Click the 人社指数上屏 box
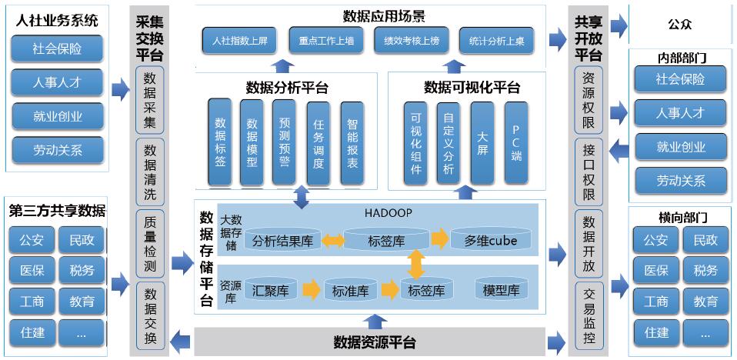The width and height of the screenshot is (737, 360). click(240, 41)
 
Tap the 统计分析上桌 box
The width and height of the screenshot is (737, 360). click(496, 41)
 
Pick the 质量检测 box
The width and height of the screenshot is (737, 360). click(150, 243)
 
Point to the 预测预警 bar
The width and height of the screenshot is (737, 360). click(284, 143)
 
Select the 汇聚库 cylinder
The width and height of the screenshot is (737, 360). click(270, 291)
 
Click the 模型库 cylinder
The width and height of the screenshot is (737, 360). click(501, 290)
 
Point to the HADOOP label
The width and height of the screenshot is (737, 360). click(388, 212)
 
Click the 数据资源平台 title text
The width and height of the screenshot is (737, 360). click(375, 342)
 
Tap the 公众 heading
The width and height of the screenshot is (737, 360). click(680, 25)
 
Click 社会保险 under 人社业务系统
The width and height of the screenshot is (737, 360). click(57, 48)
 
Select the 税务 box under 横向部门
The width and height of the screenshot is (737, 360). click(705, 270)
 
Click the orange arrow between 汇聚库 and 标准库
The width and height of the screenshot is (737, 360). click(311, 290)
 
